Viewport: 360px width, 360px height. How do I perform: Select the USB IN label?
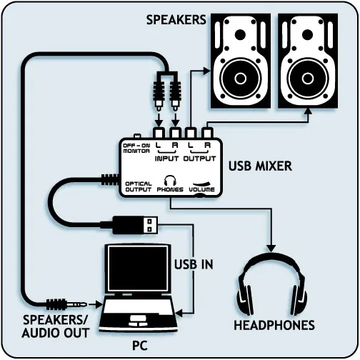tap(193, 264)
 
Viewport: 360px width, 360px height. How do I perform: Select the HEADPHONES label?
tap(274, 325)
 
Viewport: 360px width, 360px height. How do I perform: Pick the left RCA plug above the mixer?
tap(159, 92)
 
